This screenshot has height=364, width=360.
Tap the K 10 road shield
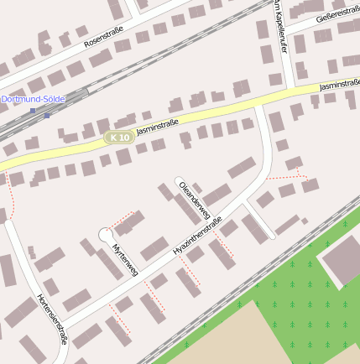[x=117, y=137]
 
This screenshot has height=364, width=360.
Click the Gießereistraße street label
[x=337, y=11]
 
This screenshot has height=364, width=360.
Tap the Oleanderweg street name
[x=194, y=200]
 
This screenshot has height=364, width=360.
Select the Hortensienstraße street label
[x=52, y=319]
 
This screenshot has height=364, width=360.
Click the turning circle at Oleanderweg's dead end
[x=179, y=180]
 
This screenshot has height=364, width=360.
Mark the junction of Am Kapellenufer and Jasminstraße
[x=291, y=89]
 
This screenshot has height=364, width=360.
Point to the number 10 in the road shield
[x=123, y=137]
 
